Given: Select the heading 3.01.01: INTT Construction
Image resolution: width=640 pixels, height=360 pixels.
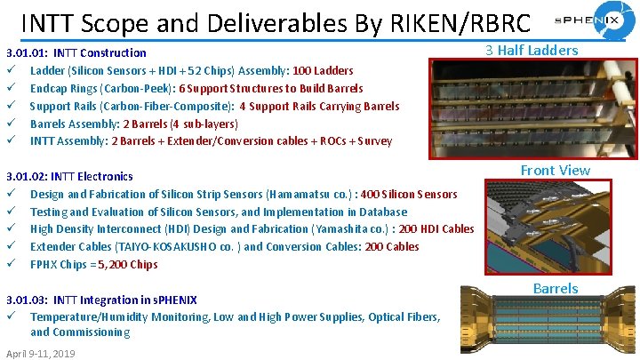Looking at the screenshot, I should [76, 52].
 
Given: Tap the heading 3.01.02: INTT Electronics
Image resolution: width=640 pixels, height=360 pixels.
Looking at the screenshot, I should [69, 176].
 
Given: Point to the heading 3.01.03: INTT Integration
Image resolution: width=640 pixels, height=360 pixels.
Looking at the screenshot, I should [100, 300].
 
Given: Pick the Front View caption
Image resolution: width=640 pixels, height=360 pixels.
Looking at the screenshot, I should [555, 170].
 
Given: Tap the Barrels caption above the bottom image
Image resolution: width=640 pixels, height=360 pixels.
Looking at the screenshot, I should [555, 288].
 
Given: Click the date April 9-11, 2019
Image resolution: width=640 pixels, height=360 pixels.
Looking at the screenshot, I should [41, 353].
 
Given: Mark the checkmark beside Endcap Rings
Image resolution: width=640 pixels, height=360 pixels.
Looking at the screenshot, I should [10, 88].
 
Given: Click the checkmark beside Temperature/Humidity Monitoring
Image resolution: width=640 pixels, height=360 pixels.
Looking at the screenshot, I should [10, 316].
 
